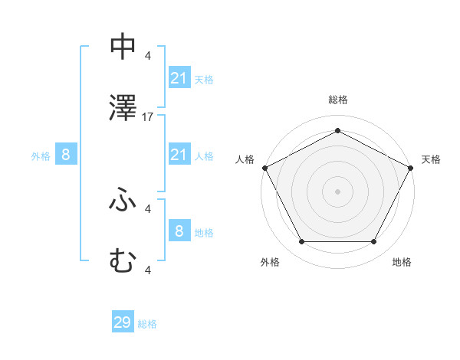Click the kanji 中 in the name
click(122, 47)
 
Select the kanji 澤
click(122, 110)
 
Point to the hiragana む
click(122, 261)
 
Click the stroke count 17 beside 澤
click(148, 117)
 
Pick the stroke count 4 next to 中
click(148, 55)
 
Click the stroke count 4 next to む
click(148, 270)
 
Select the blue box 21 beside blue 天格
click(179, 78)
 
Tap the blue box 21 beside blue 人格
click(179, 155)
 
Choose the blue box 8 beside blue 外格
click(66, 155)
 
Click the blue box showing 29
click(123, 322)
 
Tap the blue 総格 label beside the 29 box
click(147, 324)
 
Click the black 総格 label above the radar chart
click(337, 100)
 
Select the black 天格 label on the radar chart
click(431, 159)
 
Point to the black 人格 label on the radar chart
click(245, 159)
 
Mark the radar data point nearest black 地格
click(373, 242)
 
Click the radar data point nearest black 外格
click(301, 242)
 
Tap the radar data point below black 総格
click(337, 131)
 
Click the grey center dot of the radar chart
click(337, 191)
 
